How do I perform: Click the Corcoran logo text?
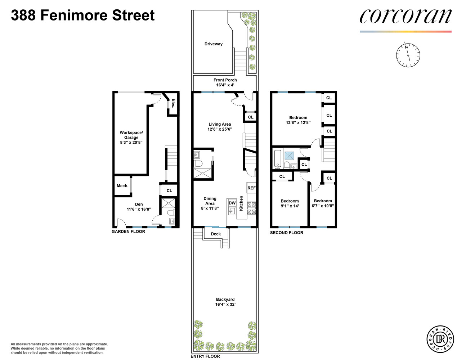(x=405, y=16)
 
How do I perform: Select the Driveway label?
(x=214, y=44)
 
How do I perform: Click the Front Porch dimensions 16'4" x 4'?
(x=225, y=85)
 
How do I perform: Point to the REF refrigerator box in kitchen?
(x=251, y=188)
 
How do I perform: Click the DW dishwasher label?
(x=232, y=203)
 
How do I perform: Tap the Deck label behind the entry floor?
(x=216, y=234)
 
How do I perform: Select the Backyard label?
(x=225, y=300)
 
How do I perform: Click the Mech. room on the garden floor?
(x=122, y=186)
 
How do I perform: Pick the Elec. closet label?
(x=173, y=103)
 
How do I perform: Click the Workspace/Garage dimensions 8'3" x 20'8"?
(x=131, y=143)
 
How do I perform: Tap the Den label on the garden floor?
(x=139, y=204)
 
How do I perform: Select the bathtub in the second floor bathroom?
(x=277, y=159)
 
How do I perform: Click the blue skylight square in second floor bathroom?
(x=289, y=156)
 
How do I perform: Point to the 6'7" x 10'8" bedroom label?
(x=323, y=206)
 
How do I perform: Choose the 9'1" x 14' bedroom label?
(x=290, y=206)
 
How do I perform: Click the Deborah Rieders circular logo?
(x=440, y=339)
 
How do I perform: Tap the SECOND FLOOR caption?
(x=287, y=233)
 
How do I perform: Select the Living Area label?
(x=220, y=124)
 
